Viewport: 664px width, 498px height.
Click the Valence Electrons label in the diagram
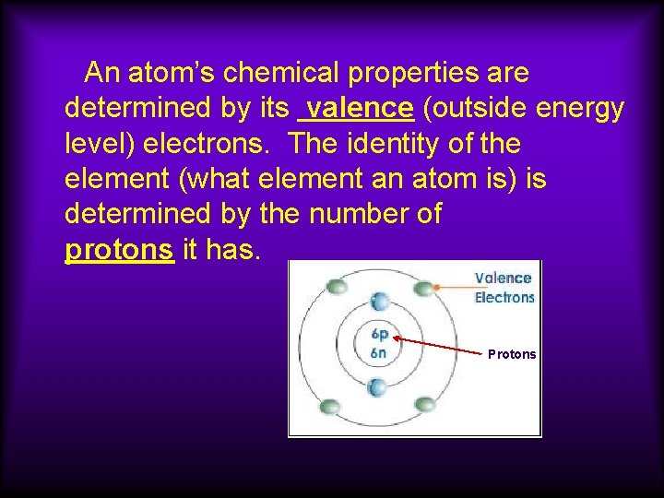pyautogui.click(x=504, y=287)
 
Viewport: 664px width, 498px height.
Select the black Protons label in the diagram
pyautogui.click(x=512, y=354)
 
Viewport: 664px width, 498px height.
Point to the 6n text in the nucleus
pyautogui.click(x=378, y=352)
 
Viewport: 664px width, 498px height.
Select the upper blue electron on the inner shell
pyautogui.click(x=377, y=301)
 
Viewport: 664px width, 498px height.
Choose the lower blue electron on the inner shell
pyautogui.click(x=377, y=387)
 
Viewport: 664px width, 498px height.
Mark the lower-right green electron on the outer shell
pyautogui.click(x=425, y=404)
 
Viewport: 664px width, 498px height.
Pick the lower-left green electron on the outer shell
pyautogui.click(x=329, y=405)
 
